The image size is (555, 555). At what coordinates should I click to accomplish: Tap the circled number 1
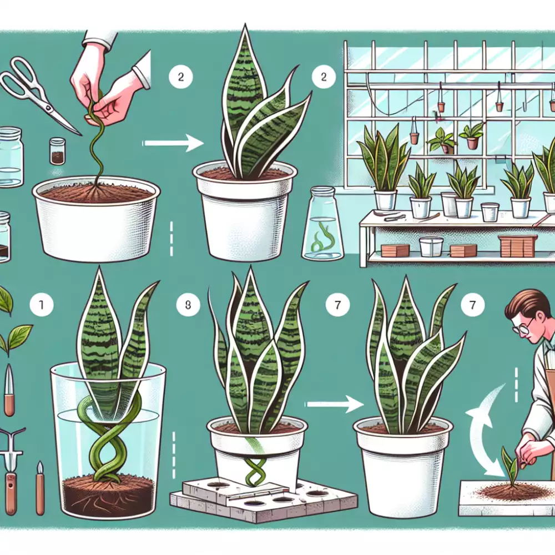click(42, 304)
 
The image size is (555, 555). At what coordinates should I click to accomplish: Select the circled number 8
click(188, 304)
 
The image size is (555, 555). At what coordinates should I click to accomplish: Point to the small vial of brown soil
click(57, 151)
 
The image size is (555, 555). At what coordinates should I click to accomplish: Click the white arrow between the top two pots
click(173, 143)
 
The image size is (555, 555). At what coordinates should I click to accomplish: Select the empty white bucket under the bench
click(431, 246)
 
